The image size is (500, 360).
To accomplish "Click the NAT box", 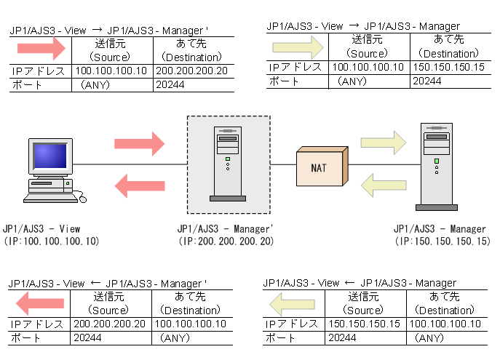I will pos(318,167).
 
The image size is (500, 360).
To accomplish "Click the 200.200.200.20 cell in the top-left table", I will pos(191,71).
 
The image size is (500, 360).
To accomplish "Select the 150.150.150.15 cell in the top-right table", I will pos(448,68).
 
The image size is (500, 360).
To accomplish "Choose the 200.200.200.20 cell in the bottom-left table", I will pos(109,324).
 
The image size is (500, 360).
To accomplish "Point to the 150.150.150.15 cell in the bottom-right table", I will pos(365,324).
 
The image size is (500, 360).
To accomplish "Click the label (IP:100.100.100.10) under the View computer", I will pos(51,241).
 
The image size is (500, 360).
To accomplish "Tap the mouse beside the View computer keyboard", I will pos(82,196).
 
